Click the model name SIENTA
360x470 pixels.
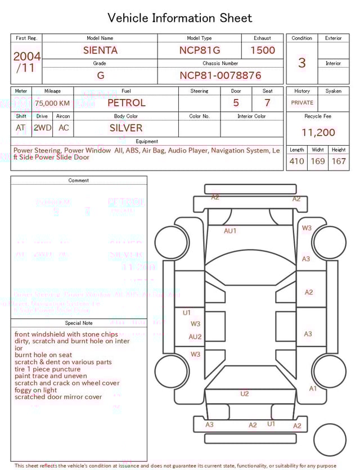(x=100, y=50)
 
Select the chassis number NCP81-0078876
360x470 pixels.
(x=220, y=75)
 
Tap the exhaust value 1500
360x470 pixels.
(x=263, y=50)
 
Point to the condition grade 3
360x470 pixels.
(x=301, y=62)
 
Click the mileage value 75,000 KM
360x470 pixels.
(x=52, y=103)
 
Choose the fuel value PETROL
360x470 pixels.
(x=127, y=103)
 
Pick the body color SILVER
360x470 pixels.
(x=126, y=128)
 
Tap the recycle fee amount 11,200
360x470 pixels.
(x=318, y=133)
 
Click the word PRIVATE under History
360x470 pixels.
(x=302, y=102)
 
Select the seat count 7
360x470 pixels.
(x=267, y=103)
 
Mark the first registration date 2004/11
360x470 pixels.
(x=26, y=62)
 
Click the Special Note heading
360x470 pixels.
(x=79, y=323)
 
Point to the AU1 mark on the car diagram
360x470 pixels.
(x=230, y=231)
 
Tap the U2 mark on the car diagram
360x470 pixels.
(x=244, y=394)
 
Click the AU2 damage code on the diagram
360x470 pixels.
(x=195, y=337)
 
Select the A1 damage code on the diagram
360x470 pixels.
(x=313, y=388)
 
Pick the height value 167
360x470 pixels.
(x=339, y=162)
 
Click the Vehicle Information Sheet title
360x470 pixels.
(x=180, y=18)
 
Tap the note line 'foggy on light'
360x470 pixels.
(x=36, y=390)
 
